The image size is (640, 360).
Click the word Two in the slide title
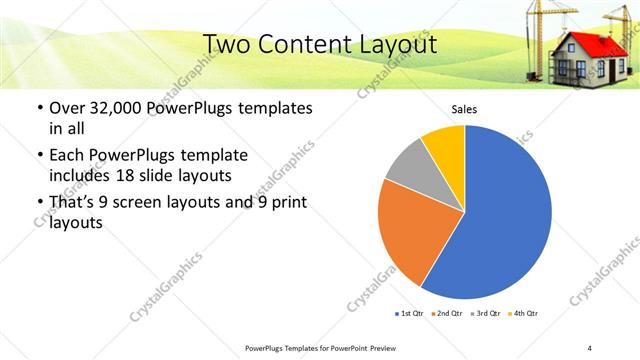[x=229, y=44]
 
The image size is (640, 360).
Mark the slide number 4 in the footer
[x=590, y=347]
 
